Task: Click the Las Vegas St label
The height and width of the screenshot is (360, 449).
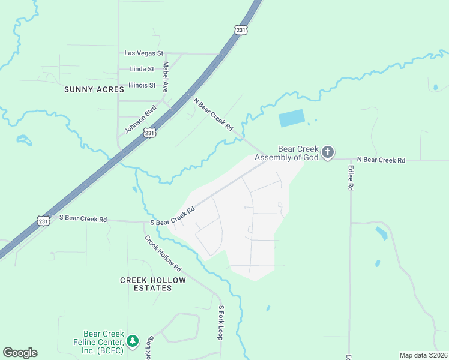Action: [x=143, y=53]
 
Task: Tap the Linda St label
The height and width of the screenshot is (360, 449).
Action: [x=142, y=70]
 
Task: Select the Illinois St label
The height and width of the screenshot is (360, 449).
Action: [x=142, y=85]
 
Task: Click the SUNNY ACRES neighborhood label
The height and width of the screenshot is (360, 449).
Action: [x=94, y=89]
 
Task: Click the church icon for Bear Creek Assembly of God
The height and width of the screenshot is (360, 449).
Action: [x=327, y=152]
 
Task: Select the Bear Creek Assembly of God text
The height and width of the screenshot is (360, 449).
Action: [x=287, y=154]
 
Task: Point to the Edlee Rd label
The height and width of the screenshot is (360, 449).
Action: [x=350, y=178]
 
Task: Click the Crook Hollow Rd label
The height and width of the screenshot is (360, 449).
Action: [x=163, y=253]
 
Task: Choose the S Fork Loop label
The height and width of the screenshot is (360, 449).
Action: [x=221, y=323]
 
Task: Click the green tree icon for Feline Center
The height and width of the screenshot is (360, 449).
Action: [x=133, y=341]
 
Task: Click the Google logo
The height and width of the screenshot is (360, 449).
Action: [x=20, y=353]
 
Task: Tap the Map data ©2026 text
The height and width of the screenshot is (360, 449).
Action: [x=423, y=355]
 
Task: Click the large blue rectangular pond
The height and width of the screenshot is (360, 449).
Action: [x=292, y=118]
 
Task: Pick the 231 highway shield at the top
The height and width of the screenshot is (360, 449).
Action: [x=241, y=29]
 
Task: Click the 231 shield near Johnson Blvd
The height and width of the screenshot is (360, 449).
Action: [x=150, y=132]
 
